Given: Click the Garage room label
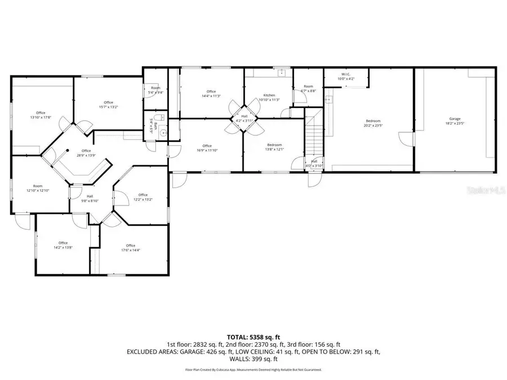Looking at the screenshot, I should pyautogui.click(x=455, y=121).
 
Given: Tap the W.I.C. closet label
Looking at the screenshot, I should pyautogui.click(x=345, y=77).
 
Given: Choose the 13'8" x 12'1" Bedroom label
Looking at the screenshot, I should pyautogui.click(x=274, y=147).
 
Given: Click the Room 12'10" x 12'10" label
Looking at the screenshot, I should pyautogui.click(x=38, y=188).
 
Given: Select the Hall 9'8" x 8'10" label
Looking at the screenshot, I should pyautogui.click(x=90, y=198).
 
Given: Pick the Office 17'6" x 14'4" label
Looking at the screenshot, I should pyautogui.click(x=131, y=248).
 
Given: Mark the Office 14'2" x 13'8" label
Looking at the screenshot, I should pyautogui.click(x=63, y=245).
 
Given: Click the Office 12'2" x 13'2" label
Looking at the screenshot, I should pyautogui.click(x=143, y=197).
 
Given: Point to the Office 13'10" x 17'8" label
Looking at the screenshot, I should pyautogui.click(x=41, y=115).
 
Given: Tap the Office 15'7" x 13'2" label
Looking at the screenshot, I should pyautogui.click(x=108, y=105).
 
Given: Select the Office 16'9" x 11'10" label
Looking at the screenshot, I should pyautogui.click(x=207, y=148).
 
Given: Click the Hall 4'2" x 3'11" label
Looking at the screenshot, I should pyautogui.click(x=244, y=118).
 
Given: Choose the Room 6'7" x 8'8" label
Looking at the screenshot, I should pyautogui.click(x=307, y=88).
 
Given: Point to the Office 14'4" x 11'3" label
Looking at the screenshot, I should pyautogui.click(x=211, y=93).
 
